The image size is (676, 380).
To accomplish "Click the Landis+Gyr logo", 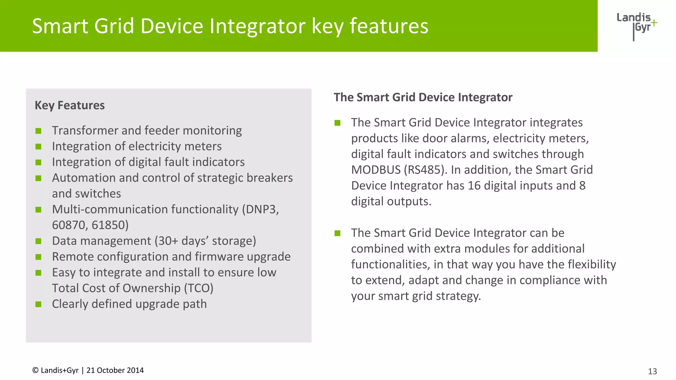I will click(x=636, y=26).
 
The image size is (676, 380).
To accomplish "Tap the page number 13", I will click(x=652, y=371).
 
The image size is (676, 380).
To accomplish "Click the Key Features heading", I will click(x=70, y=105).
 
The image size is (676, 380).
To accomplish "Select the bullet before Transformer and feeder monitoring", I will click(x=39, y=131).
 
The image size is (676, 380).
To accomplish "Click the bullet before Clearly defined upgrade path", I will click(x=39, y=304).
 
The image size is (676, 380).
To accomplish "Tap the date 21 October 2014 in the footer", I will click(x=115, y=370).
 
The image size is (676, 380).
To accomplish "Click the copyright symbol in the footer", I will click(x=35, y=370).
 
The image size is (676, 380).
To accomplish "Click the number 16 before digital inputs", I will click(x=474, y=186).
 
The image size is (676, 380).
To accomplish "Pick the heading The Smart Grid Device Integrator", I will click(x=423, y=97).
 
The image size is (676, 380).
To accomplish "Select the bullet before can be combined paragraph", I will click(x=337, y=233).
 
